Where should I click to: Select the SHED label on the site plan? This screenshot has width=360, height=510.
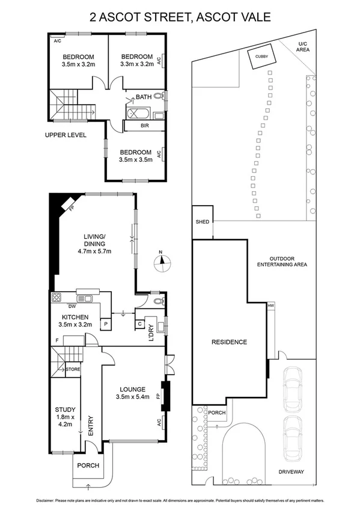click(202, 222)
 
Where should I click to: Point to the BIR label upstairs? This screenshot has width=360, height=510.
click(144, 126)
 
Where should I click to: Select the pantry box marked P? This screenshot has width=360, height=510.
click(106, 324)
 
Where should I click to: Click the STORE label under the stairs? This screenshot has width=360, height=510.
click(73, 369)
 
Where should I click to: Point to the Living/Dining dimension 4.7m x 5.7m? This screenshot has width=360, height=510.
click(95, 251)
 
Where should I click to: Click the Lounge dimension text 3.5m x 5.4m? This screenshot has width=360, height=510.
click(133, 396)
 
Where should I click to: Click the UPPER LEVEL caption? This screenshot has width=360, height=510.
click(66, 135)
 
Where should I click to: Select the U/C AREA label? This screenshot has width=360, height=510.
click(304, 47)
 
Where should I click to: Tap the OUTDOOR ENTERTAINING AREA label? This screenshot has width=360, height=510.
click(282, 261)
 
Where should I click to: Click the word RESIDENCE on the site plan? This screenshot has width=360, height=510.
click(228, 342)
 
